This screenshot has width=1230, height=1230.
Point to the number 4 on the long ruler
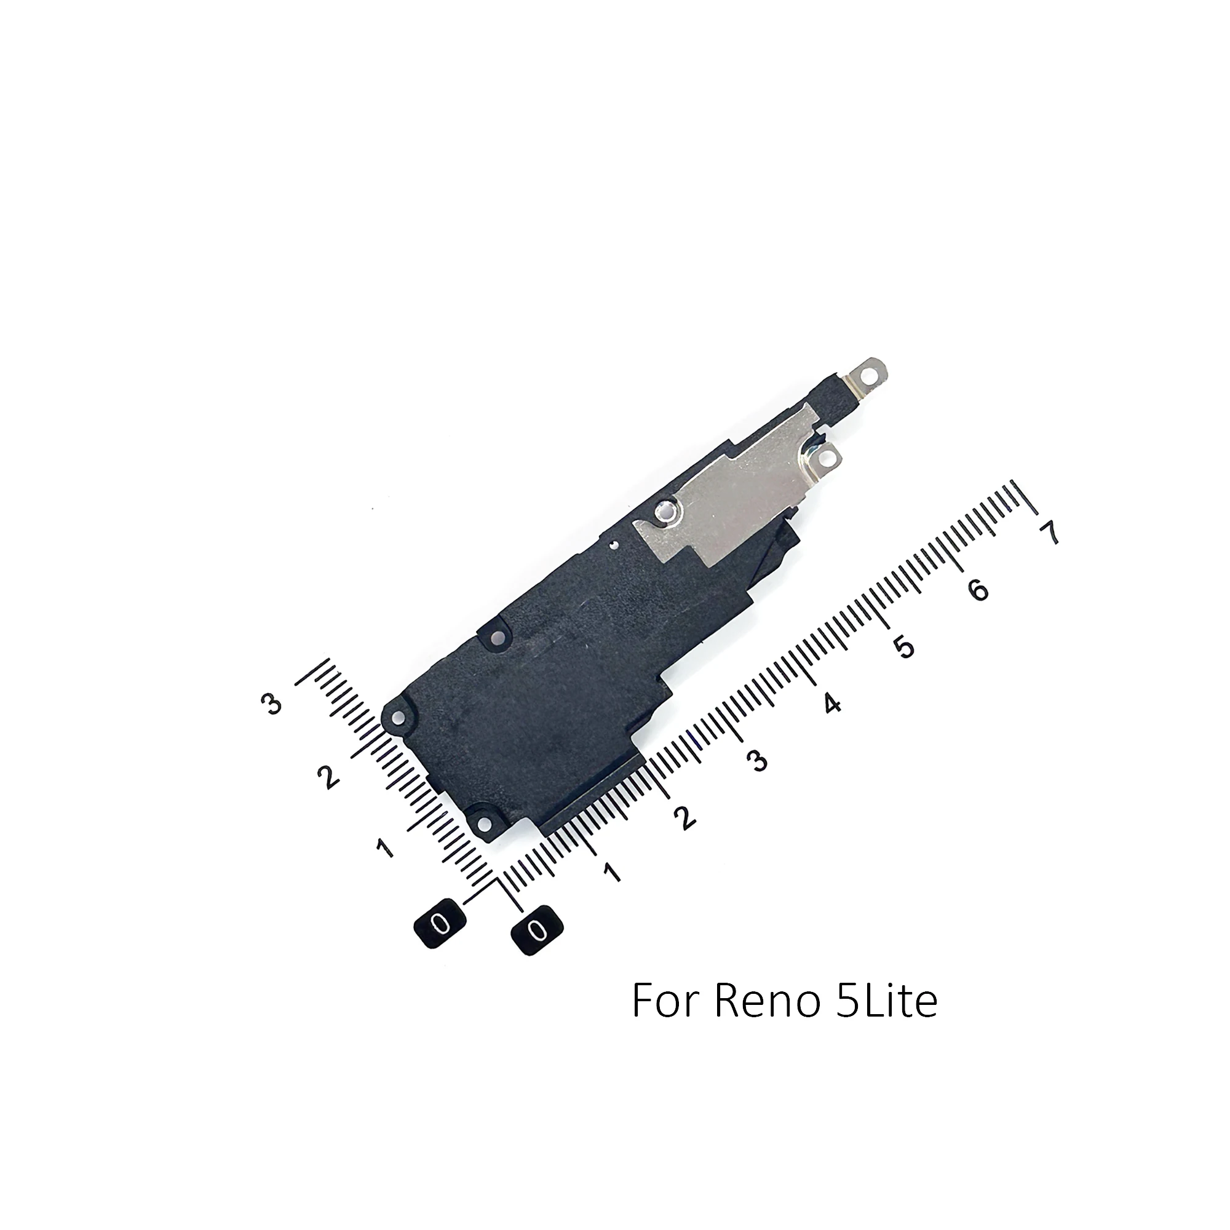[x=831, y=704]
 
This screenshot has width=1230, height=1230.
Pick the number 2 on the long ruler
[x=685, y=818]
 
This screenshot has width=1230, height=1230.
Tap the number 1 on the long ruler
[x=612, y=873]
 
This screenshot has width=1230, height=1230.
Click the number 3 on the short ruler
[x=272, y=704]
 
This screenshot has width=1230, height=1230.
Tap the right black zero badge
[x=538, y=931]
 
